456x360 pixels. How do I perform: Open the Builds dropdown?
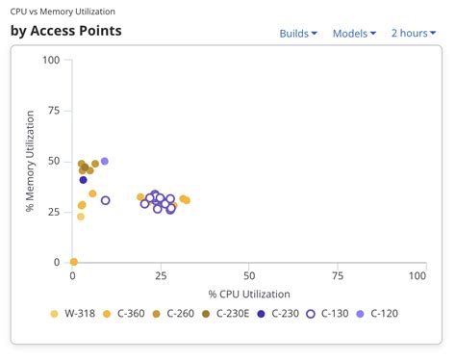point(298,34)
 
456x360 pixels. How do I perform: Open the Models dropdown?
point(354,34)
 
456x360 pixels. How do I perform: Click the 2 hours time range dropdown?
point(413,34)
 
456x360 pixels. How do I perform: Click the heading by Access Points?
point(66,31)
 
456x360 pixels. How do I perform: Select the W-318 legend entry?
point(73,313)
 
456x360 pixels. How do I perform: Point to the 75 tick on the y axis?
point(54,111)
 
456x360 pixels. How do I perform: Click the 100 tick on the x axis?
point(417,276)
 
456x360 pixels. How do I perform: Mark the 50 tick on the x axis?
point(249,276)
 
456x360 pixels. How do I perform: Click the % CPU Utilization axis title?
point(249,293)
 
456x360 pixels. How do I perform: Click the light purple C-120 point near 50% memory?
point(105,162)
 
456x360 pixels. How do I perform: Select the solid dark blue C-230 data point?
point(84,180)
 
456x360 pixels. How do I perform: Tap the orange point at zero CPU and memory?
point(74,262)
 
